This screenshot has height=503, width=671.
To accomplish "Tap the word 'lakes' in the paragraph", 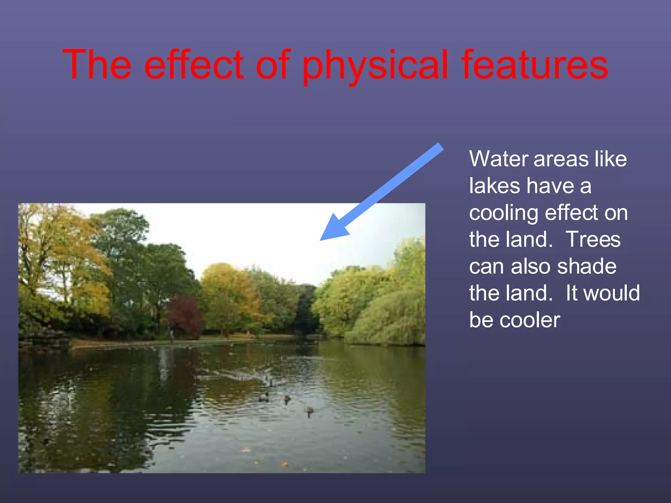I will pyautogui.click(x=495, y=186).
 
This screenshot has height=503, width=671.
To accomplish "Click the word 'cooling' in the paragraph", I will pyautogui.click(x=504, y=214).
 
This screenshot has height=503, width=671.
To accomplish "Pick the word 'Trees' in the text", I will pyautogui.click(x=593, y=239).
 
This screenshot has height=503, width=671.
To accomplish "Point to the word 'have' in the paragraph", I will pyautogui.click(x=550, y=186).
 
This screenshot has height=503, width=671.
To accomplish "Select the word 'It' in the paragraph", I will pyautogui.click(x=572, y=293).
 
